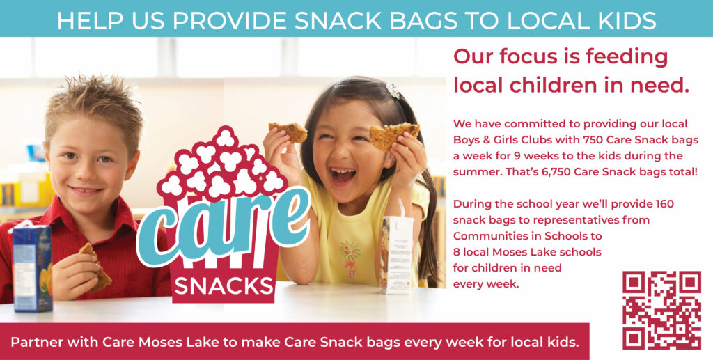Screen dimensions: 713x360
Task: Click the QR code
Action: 661,310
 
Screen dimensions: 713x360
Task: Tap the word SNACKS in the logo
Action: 224,285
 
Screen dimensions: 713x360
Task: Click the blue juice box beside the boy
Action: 32,268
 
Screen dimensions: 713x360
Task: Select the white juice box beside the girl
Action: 396,255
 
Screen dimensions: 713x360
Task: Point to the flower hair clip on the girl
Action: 393,90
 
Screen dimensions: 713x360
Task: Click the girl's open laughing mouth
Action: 343,175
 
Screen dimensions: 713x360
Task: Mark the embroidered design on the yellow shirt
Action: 350,258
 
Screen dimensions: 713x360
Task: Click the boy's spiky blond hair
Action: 93,109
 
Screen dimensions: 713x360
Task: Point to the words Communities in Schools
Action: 528,236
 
